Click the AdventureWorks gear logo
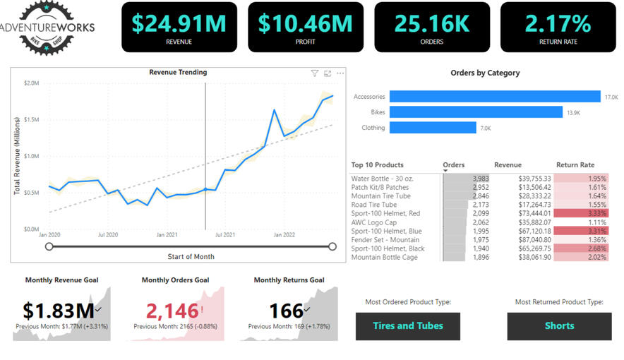47,27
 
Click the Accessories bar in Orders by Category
494,97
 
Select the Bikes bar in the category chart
475,112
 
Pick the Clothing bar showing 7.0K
433,128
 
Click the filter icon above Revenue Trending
315,73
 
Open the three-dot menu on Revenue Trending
340,73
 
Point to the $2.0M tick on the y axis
31,83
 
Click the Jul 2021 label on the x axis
225,234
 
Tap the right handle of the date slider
332,246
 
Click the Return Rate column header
575,165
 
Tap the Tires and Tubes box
408,326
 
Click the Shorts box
559,326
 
